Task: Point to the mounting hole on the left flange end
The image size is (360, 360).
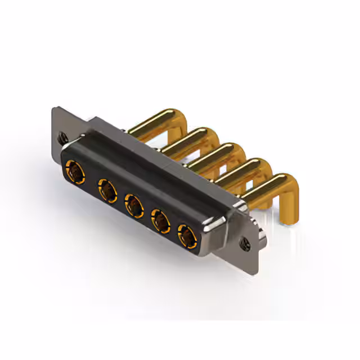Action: click(x=61, y=136)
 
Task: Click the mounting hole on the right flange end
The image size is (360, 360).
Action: click(x=245, y=244)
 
